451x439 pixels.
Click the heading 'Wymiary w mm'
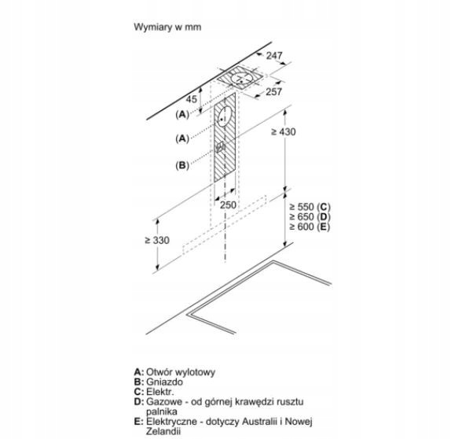point(167,27)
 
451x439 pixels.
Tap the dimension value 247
point(274,55)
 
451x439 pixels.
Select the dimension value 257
point(273,91)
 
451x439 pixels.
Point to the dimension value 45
point(191,99)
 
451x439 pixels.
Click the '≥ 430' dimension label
point(284,131)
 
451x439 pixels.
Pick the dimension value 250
point(228,205)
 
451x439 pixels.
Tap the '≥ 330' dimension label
point(157,240)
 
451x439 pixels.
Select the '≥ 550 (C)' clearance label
point(310,207)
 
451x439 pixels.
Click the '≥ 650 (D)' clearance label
point(310,216)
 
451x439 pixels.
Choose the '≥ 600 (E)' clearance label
point(310,227)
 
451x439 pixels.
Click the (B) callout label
point(182,165)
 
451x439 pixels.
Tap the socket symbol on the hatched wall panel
point(221,148)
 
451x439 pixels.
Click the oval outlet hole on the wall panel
point(225,116)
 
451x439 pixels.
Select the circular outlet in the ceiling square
point(241,78)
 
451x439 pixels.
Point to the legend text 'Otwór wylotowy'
point(181,372)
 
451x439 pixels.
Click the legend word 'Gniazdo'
point(164,382)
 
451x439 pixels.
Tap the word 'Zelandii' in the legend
point(163,431)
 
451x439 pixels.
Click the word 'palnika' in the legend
point(162,411)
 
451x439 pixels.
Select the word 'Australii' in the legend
point(261,422)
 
